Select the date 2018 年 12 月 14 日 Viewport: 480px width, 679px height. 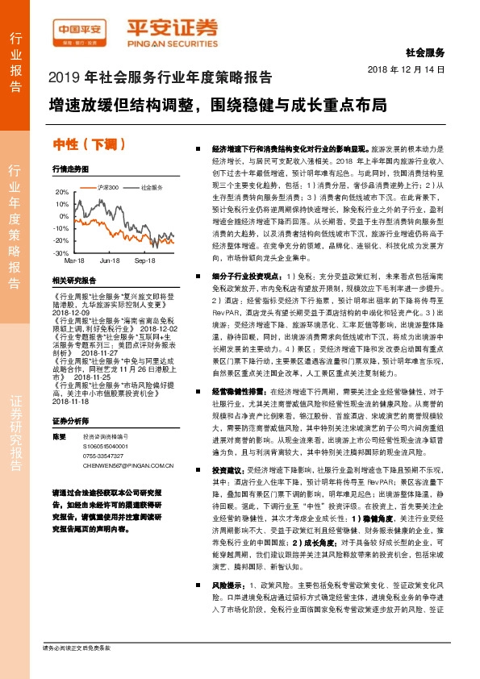411,71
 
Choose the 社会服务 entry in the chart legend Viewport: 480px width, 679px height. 152,187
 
